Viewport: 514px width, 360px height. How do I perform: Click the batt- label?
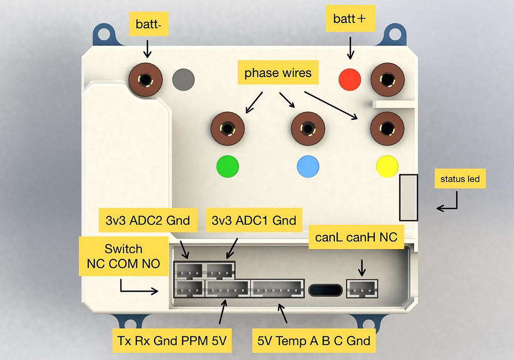point(149,25)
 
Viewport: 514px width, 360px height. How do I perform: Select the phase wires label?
point(278,73)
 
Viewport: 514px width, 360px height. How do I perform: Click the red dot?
point(350,79)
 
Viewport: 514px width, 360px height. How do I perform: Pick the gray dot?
point(183,79)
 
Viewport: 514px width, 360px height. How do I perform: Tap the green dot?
point(228,166)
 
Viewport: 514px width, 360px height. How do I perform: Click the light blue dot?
point(308,166)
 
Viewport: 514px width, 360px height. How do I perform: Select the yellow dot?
point(387,166)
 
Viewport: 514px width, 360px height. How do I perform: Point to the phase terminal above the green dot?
point(227,129)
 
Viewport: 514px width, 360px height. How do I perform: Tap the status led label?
point(460,179)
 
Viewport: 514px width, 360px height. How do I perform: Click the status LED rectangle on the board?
point(409,197)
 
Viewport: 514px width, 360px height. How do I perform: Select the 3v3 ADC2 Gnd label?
point(148,220)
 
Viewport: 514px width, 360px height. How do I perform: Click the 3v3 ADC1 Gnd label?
point(254,220)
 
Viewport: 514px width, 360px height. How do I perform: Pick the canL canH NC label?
point(356,237)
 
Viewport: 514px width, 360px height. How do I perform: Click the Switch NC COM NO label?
point(124,256)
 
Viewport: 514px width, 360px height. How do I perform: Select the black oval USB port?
point(326,289)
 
